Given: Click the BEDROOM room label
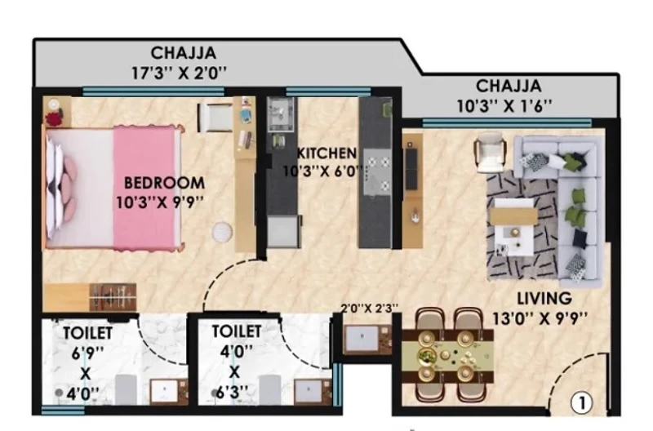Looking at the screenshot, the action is (x=165, y=183).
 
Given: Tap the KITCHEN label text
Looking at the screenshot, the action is (x=326, y=153).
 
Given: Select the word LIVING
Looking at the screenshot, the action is (x=544, y=298).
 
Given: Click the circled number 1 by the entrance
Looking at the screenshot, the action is (x=581, y=402).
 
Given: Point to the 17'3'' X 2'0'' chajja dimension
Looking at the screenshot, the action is (x=179, y=73).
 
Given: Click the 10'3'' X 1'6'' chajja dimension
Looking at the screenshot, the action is (x=504, y=106).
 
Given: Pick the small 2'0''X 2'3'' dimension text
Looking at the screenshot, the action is (x=370, y=308).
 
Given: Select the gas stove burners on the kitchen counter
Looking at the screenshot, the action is (x=377, y=173).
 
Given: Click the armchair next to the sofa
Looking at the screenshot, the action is (x=492, y=152).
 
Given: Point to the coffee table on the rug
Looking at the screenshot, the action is (x=513, y=227).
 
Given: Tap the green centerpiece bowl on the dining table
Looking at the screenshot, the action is (x=426, y=356).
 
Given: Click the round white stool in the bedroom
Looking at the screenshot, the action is (x=222, y=232).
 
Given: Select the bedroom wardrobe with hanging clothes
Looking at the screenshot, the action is (x=113, y=297).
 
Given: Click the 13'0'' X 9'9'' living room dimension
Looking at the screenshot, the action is (x=540, y=318).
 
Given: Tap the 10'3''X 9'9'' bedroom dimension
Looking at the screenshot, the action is (x=160, y=202).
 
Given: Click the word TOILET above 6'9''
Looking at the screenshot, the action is (x=87, y=333).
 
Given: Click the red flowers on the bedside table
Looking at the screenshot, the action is (x=54, y=118).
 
